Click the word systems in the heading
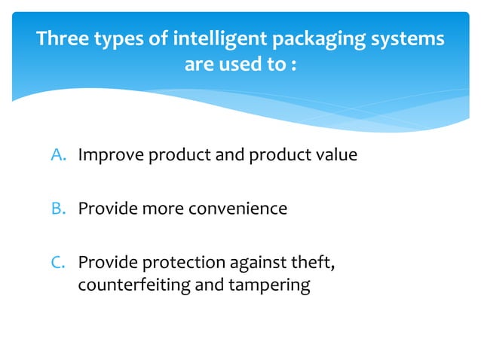tap(408, 38)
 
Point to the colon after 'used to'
tap(291, 65)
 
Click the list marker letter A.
tap(59, 156)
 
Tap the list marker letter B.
tap(59, 209)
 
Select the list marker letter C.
tap(59, 262)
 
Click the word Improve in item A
tap(110, 156)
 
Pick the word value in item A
tap(336, 156)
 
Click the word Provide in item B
tap(105, 209)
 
